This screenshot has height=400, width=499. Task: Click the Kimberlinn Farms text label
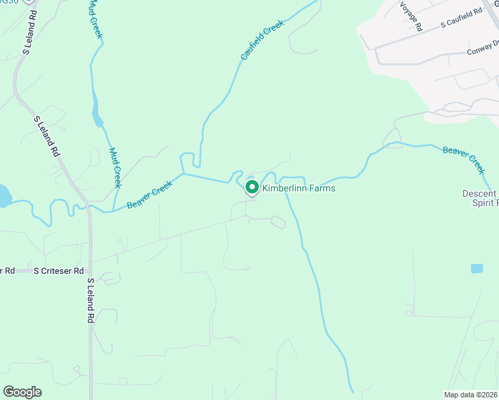[298, 189]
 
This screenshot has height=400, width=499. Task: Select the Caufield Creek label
[263, 41]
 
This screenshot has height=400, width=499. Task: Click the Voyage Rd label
[411, 16]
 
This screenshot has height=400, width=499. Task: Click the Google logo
[22, 392]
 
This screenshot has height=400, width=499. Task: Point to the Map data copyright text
[471, 395]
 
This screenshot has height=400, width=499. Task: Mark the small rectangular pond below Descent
[476, 269]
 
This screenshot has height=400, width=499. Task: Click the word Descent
[480, 194]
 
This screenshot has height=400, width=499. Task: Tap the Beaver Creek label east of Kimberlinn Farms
[464, 159]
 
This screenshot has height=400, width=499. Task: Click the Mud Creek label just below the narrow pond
[114, 167]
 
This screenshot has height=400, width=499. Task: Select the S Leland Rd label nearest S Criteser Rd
[90, 300]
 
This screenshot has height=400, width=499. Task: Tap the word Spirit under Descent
[484, 203]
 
